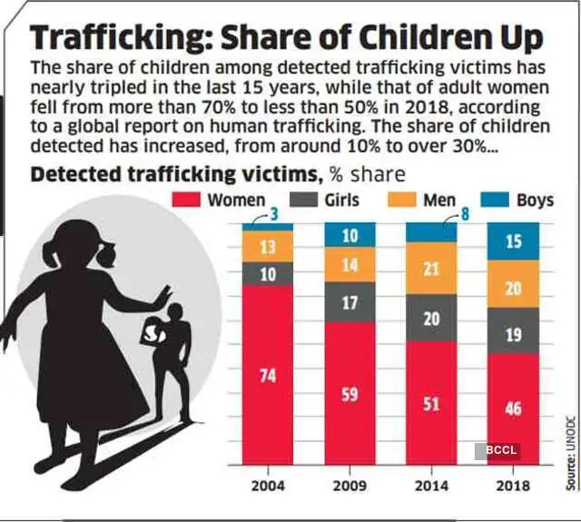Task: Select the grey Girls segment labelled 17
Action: coord(350,301)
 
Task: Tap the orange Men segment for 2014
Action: coord(431,268)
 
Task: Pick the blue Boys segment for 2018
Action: coord(513,240)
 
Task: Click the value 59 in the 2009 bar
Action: coord(350,395)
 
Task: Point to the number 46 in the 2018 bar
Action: coord(513,409)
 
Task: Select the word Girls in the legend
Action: coord(341,200)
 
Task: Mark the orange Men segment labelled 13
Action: coord(268,246)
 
